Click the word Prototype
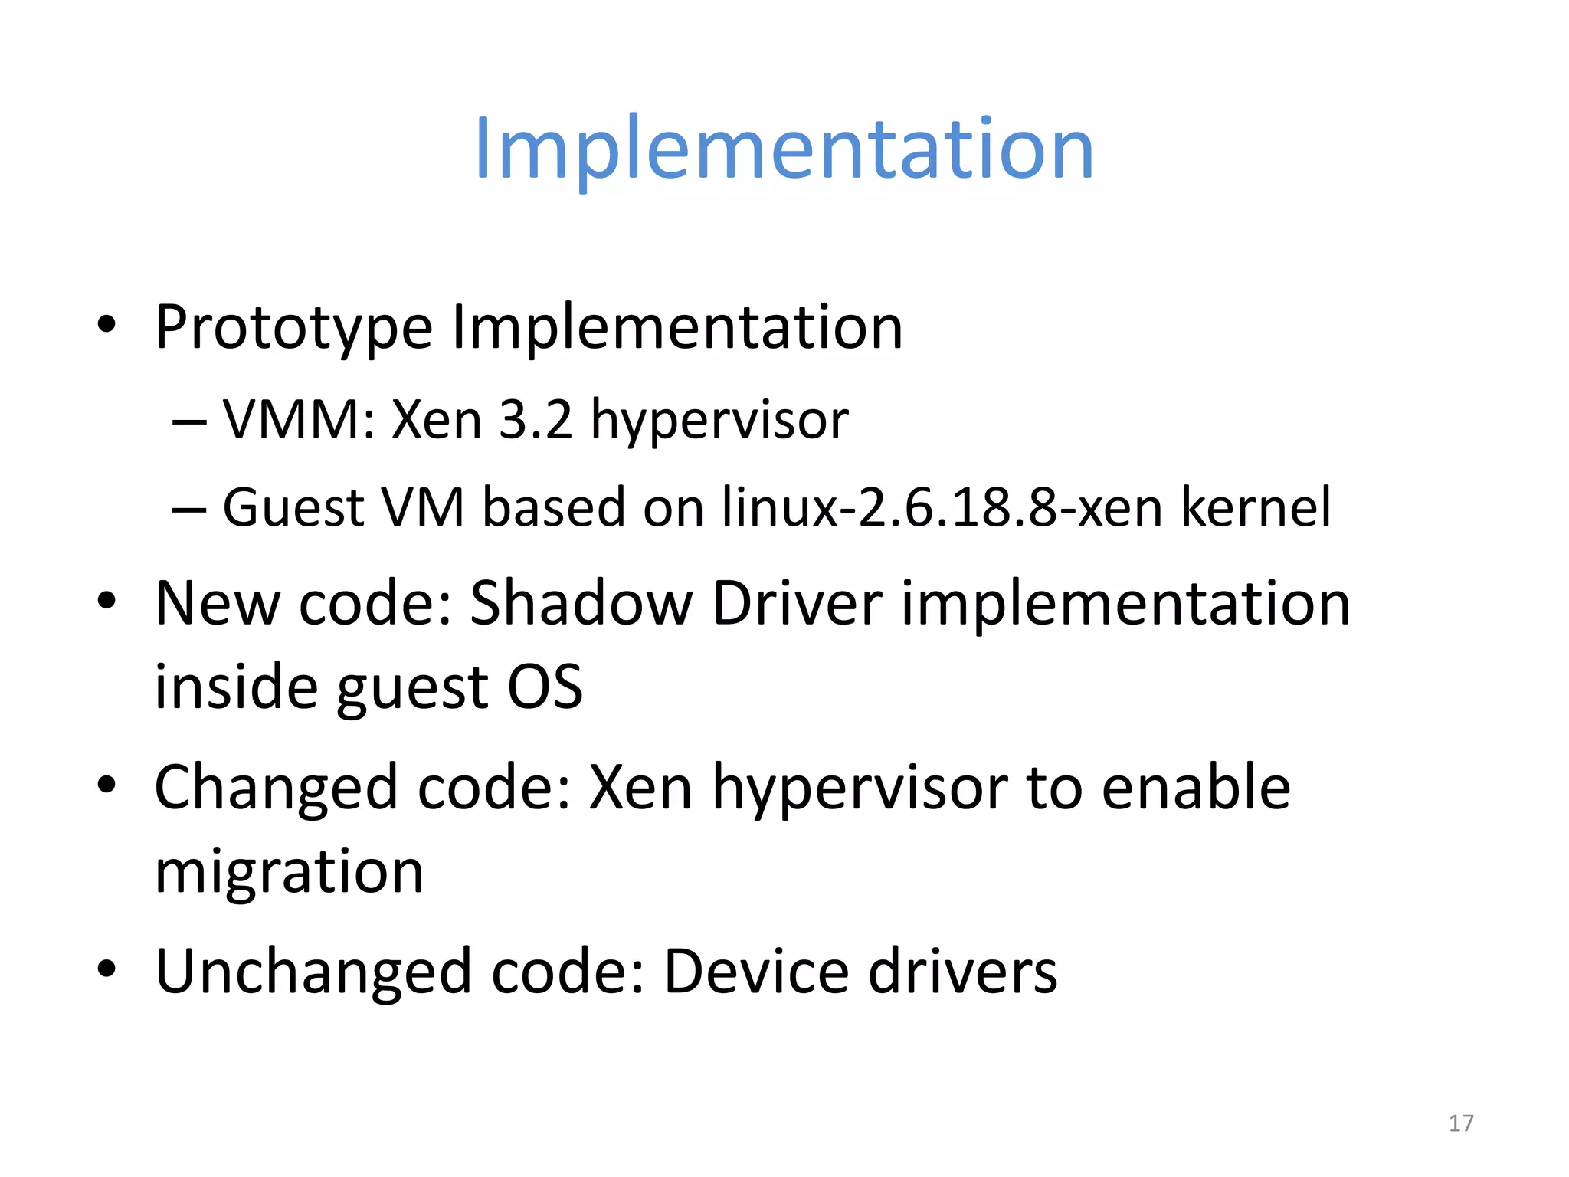(x=293, y=328)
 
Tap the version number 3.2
(x=536, y=420)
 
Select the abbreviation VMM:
(x=299, y=420)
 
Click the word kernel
(x=1256, y=507)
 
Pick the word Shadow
(x=581, y=603)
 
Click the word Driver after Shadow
(x=797, y=603)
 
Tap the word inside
(x=235, y=686)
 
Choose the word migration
(x=289, y=872)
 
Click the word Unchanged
(x=313, y=972)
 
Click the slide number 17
(x=1460, y=1123)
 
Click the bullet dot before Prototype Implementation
(x=106, y=325)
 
